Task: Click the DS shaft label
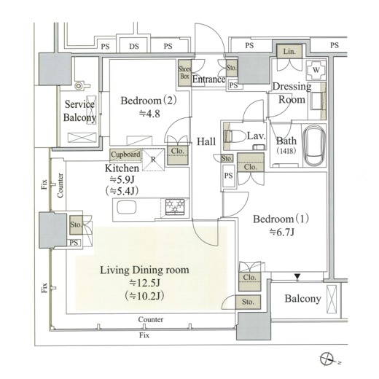pos(134,46)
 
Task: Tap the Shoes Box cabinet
pos(184,73)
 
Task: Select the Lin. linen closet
pos(289,52)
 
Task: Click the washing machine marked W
pos(316,70)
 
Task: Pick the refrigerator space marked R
pos(153,160)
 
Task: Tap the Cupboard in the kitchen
pos(125,155)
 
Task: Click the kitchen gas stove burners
pos(175,207)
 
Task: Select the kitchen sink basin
pos(127,208)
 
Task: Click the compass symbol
pos(327,359)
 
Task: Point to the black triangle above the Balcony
pos(297,276)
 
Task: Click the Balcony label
pos(302,299)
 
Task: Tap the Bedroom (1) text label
pos(281,219)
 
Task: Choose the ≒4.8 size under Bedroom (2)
pos(149,114)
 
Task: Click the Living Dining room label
pos(144,270)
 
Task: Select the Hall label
pos(206,141)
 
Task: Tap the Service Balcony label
pos(79,111)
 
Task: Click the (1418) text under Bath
pos(286,151)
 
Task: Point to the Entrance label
pos(208,79)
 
